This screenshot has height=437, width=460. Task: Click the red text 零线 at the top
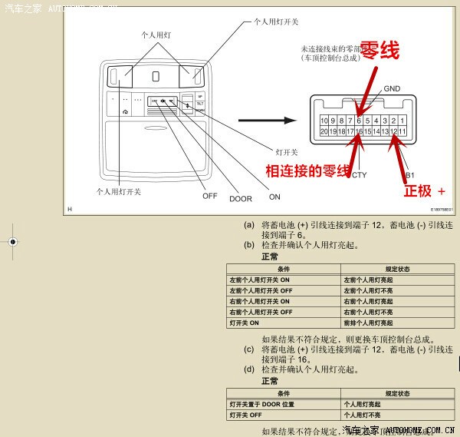(x=379, y=51)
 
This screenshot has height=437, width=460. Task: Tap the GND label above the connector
(x=392, y=89)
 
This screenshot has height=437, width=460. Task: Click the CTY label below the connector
(x=358, y=175)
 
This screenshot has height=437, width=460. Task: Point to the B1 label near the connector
(x=409, y=175)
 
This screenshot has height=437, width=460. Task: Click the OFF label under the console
(x=209, y=196)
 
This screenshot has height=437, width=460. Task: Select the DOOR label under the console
(x=240, y=199)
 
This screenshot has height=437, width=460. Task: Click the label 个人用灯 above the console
(x=156, y=35)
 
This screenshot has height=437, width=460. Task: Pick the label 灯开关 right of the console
(x=286, y=151)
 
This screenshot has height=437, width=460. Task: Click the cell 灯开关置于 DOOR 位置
(x=261, y=404)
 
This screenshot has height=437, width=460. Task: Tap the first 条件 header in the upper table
(x=283, y=270)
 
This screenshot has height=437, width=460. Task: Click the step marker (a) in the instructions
(x=248, y=225)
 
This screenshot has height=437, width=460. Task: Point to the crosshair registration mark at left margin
(x=11, y=241)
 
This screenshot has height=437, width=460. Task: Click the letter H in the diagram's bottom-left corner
(x=69, y=209)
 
